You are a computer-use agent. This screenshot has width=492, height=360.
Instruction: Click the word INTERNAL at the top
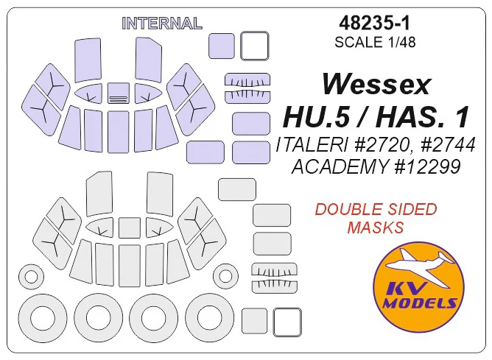(162, 24)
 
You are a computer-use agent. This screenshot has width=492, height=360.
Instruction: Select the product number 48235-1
(375, 23)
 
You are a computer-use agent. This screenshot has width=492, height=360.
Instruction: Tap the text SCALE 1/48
(375, 42)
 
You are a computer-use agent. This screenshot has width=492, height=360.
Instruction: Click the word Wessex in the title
(376, 85)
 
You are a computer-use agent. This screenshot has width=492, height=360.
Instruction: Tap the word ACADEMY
(340, 166)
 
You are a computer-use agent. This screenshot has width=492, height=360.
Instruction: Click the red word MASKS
(376, 227)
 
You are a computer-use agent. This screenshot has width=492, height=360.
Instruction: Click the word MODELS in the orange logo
(420, 303)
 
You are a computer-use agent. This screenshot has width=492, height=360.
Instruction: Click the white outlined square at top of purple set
(255, 46)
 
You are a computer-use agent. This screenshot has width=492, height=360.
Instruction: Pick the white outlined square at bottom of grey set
(287, 322)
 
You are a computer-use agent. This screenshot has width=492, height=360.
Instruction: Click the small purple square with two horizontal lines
(119, 93)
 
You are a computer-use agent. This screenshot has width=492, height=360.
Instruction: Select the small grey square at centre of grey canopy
(130, 227)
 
